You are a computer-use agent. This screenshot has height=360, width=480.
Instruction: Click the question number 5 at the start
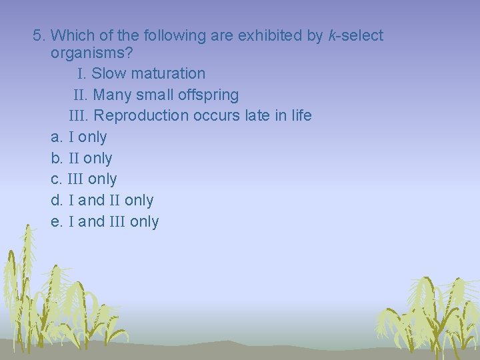38,35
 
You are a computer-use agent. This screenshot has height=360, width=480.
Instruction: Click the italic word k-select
356,35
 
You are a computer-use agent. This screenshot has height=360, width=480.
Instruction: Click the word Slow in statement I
111,73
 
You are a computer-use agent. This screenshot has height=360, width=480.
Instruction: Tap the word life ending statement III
301,115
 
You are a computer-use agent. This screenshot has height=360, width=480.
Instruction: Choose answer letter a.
56,137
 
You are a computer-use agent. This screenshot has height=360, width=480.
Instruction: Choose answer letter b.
56,159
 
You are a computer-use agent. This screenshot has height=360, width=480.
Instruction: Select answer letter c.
56,179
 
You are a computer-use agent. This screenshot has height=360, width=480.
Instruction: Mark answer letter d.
56,201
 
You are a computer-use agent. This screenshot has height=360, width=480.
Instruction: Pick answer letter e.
56,222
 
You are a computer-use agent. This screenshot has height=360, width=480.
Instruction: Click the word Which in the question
71,35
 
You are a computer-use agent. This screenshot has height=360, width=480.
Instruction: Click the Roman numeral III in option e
117,222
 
